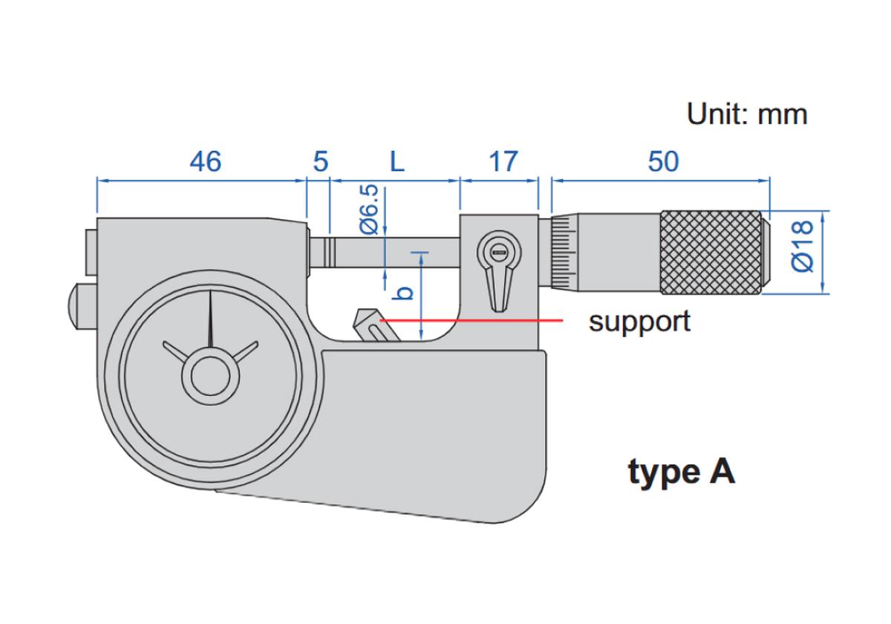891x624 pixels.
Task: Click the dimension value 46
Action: (205, 161)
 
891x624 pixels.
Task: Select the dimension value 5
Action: (320, 161)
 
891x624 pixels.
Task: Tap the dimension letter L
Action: (397, 161)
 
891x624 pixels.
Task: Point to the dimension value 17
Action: (503, 161)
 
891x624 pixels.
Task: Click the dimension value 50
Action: (663, 161)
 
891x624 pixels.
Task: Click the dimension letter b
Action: (404, 293)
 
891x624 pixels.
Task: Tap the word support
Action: (639, 322)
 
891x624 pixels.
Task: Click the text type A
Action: (682, 472)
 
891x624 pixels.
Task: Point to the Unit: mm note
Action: (746, 114)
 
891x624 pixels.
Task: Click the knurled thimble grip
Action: (711, 252)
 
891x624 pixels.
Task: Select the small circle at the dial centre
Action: (211, 377)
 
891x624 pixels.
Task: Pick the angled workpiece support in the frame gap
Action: (372, 326)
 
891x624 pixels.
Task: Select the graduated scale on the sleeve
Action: (563, 251)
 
